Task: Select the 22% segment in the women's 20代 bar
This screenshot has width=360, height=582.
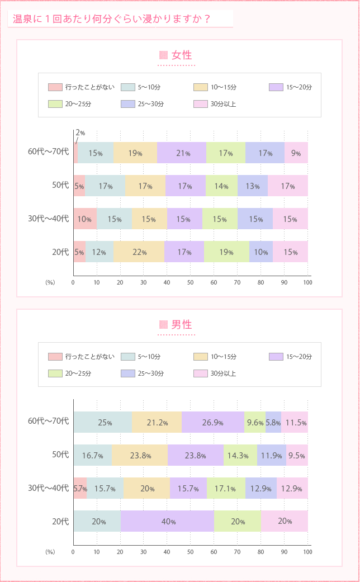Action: (x=139, y=252)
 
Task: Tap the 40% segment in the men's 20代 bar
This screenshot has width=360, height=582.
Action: (x=167, y=521)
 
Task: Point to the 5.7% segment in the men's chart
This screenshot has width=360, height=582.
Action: (x=80, y=488)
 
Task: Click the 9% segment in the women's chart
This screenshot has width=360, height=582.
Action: (x=296, y=153)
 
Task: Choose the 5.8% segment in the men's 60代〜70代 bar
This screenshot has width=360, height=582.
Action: (x=273, y=422)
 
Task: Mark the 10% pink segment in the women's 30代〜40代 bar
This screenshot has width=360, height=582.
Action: (x=85, y=219)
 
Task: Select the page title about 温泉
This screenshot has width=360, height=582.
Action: (x=111, y=19)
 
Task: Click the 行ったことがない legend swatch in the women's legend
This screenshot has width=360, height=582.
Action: (x=55, y=87)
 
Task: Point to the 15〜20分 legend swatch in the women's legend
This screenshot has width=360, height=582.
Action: (x=276, y=87)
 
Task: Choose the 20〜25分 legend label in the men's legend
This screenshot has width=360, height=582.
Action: (x=78, y=373)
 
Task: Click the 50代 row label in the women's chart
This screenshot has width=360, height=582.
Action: (x=60, y=186)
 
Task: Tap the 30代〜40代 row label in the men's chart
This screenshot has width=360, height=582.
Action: (x=48, y=488)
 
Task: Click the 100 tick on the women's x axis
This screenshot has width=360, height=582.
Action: (x=307, y=282)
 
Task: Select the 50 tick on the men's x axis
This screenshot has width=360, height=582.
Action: (x=190, y=552)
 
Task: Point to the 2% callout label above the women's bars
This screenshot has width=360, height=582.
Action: (x=80, y=133)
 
